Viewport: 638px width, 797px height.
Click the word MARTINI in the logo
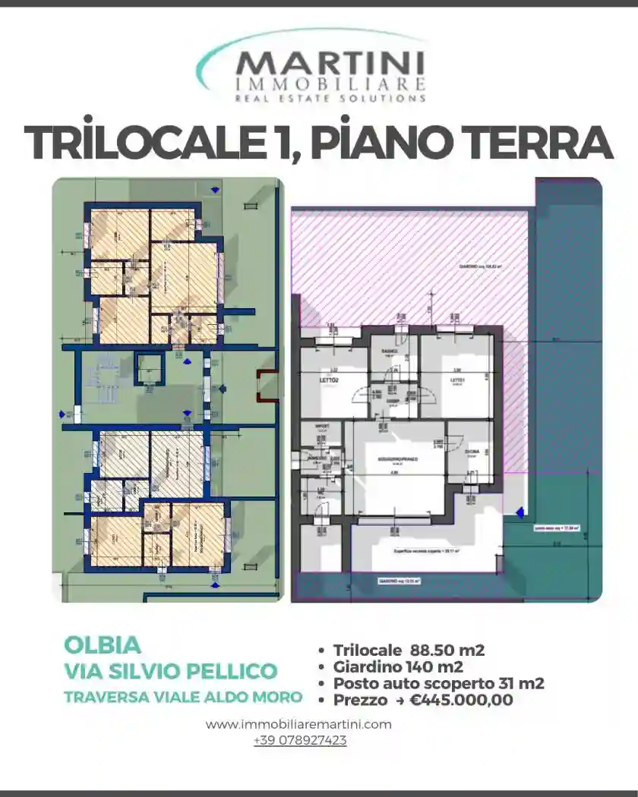330,64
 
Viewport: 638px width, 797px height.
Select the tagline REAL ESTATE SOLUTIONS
330,98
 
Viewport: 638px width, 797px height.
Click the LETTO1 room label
456,380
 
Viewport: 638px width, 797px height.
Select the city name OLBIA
103,645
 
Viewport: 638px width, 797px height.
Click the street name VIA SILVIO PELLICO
171,671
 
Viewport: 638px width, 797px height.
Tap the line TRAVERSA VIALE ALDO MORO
183,696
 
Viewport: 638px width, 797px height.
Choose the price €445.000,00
461,700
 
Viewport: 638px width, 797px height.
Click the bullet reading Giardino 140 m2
398,666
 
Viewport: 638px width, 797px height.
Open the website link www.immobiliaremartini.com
298,724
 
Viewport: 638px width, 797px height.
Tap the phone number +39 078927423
300,740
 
